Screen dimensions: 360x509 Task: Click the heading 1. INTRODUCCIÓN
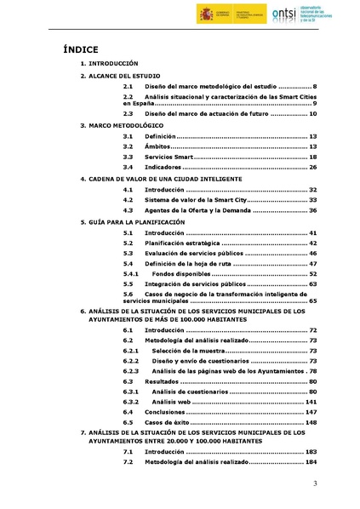pyautogui.click(x=109, y=64)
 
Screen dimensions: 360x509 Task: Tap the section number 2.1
pyautogui.click(x=128, y=87)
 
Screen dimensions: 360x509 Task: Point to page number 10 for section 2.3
pyautogui.click(x=312, y=113)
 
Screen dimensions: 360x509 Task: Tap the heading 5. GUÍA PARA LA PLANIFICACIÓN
pyautogui.click(x=132, y=221)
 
